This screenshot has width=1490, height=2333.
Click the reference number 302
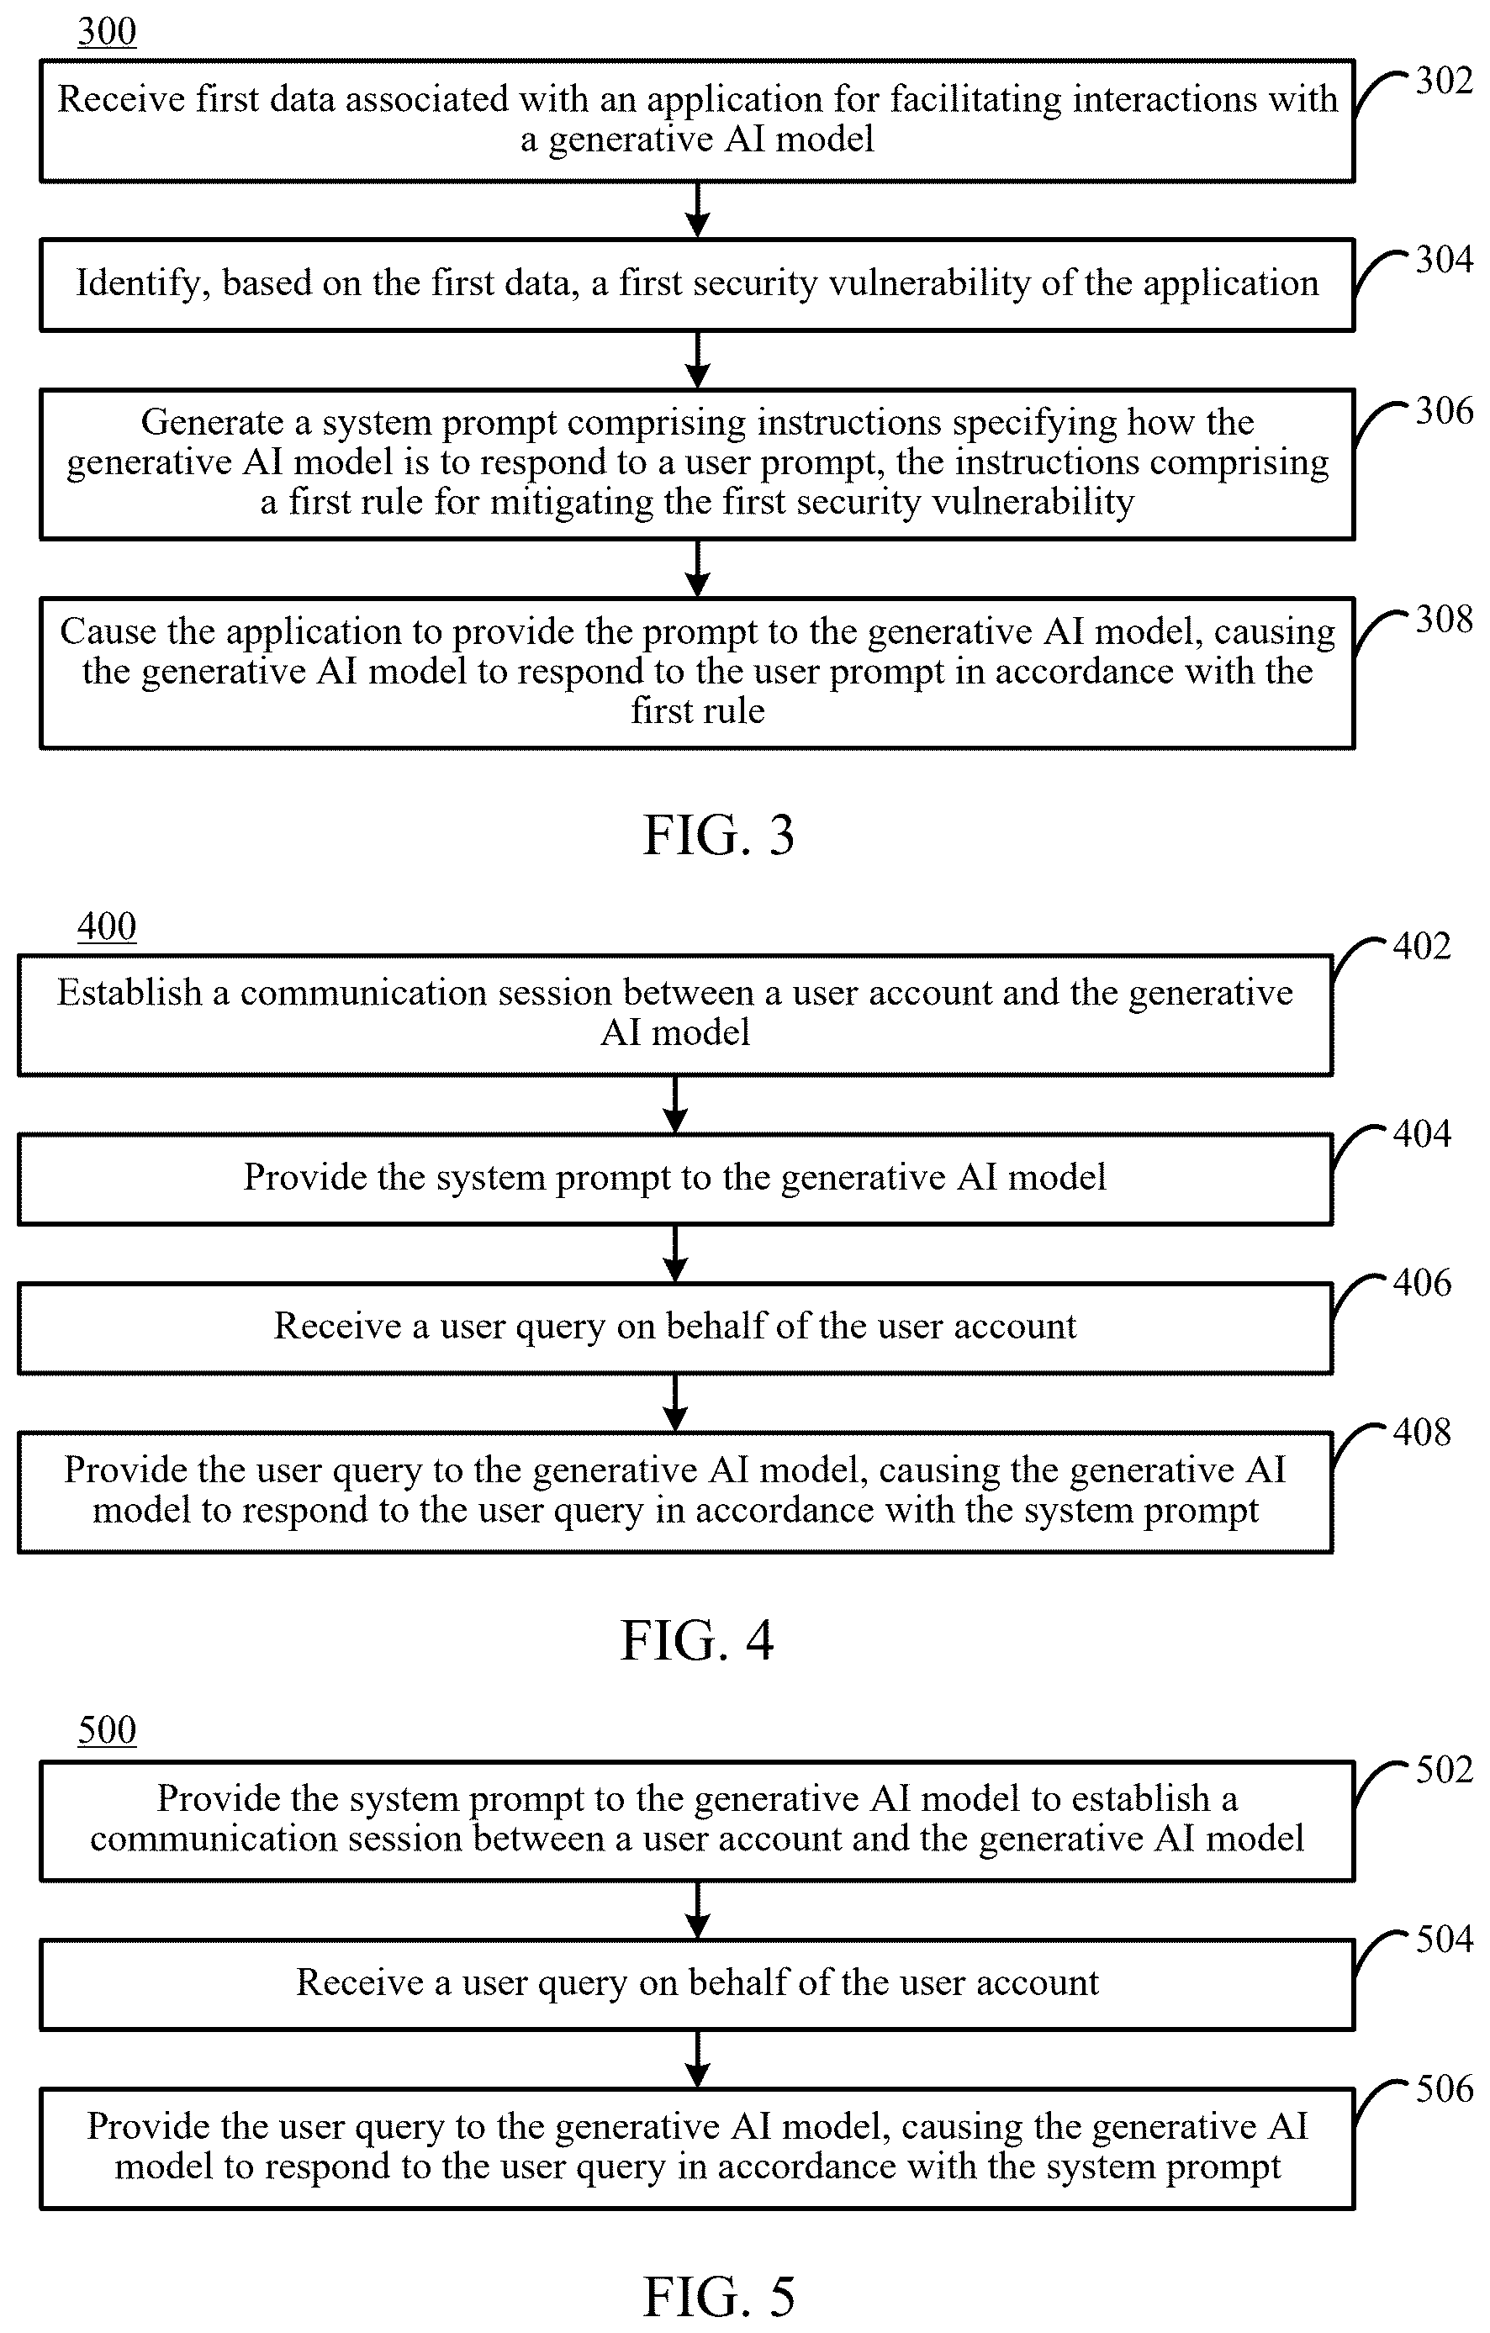click(x=1444, y=81)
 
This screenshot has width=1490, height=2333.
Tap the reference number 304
click(x=1444, y=260)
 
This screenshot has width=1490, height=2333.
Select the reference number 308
click(x=1444, y=619)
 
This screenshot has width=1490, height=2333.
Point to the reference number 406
click(x=1421, y=1283)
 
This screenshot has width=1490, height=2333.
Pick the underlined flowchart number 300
click(x=107, y=33)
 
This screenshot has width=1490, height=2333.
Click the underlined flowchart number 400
click(x=107, y=927)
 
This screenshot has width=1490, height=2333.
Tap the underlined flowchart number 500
click(x=107, y=1730)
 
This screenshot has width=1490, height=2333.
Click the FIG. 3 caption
click(x=719, y=835)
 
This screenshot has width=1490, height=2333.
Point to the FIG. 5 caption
click(x=719, y=2296)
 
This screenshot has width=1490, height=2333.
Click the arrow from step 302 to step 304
click(x=698, y=209)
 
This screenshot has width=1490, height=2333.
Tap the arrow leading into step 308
click(x=698, y=567)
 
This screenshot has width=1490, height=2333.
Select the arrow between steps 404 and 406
click(x=675, y=1254)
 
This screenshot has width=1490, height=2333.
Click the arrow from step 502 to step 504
click(x=698, y=1911)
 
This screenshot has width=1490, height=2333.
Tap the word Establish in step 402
click(x=129, y=993)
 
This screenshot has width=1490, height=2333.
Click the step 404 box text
click(x=674, y=1178)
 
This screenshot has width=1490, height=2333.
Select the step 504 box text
click(x=698, y=1983)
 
